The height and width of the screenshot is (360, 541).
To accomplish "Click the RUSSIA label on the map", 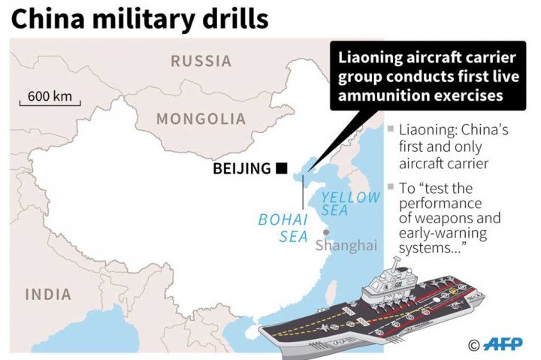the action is tap(201, 61).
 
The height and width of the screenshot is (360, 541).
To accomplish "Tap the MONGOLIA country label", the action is tap(201, 119).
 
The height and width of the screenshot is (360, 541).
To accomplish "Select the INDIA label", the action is tap(48, 295).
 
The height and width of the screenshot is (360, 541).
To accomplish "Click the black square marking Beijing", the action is tap(282, 168).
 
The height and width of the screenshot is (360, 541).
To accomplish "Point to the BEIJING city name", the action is tap(242, 168).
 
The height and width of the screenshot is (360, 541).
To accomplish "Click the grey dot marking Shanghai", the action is tap(326, 232).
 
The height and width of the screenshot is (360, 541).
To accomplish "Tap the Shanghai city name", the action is tap(346, 245).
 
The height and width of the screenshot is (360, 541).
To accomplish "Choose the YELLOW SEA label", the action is tap(351, 204).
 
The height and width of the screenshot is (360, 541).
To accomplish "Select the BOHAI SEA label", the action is tap(283, 228).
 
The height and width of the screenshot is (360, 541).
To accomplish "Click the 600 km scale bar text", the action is tap(50, 96).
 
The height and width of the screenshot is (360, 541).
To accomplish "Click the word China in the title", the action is tap(48, 19).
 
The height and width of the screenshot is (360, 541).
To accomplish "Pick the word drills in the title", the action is tap(235, 19).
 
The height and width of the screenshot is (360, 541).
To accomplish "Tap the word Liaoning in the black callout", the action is tap(370, 59).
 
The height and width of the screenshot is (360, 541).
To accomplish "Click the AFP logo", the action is tap(503, 343).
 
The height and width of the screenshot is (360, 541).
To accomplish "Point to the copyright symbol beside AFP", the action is tap(473, 345).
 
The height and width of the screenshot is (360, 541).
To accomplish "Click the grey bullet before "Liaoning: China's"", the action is tap(391, 129).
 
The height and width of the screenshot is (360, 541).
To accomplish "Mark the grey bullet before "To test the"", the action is tap(391, 186).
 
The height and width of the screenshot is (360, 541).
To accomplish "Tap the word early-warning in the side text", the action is tap(443, 233).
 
